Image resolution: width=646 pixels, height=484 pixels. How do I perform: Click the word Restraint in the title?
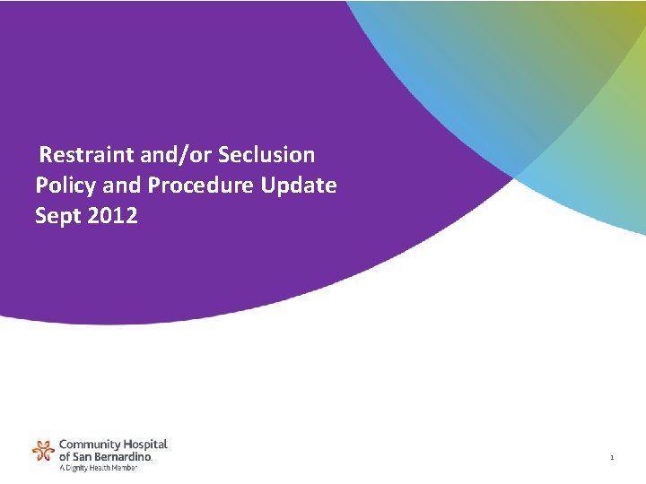pyautogui.click(x=87, y=155)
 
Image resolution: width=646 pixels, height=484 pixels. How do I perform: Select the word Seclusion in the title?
pyautogui.click(x=267, y=155)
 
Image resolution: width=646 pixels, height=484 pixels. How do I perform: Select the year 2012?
pyautogui.click(x=113, y=216)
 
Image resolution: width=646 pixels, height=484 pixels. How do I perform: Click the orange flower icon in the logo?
pyautogui.click(x=43, y=450)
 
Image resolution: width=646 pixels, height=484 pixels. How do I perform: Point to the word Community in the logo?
pyautogui.click(x=86, y=445)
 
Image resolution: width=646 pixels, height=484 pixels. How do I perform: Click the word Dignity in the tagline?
pyautogui.click(x=76, y=467)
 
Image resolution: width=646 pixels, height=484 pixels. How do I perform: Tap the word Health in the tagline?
pyautogui.click(x=100, y=467)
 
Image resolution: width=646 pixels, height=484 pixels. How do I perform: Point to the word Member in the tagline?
pyautogui.click(x=125, y=467)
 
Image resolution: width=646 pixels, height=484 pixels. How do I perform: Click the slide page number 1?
pyautogui.click(x=612, y=458)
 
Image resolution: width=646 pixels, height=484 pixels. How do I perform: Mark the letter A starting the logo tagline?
pyautogui.click(x=61, y=467)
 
